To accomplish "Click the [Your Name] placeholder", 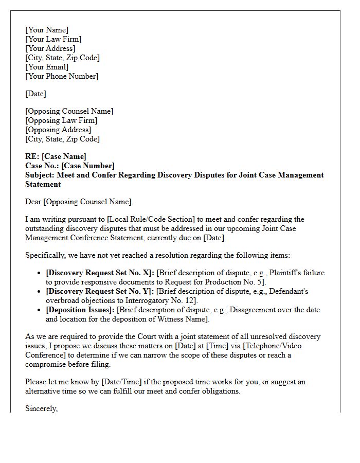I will pyautogui.click(x=47, y=30).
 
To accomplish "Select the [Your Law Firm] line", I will pyautogui.click(x=53, y=39).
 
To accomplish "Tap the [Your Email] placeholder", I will pyautogui.click(x=47, y=67).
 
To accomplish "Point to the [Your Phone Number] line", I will pyautogui.click(x=62, y=76).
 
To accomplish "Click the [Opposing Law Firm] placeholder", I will pyautogui.click(x=61, y=120).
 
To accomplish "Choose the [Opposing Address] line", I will pyautogui.click(x=58, y=130).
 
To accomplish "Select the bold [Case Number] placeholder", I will pyautogui.click(x=87, y=166).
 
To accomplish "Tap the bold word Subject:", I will pyautogui.click(x=40, y=175).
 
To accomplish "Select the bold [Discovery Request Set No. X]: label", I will pyautogui.click(x=100, y=273).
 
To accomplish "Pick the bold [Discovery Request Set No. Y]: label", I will pyautogui.click(x=100, y=291).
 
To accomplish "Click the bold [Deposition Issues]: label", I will pyautogui.click(x=80, y=310).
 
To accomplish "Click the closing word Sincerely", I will pyautogui.click(x=41, y=408).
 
